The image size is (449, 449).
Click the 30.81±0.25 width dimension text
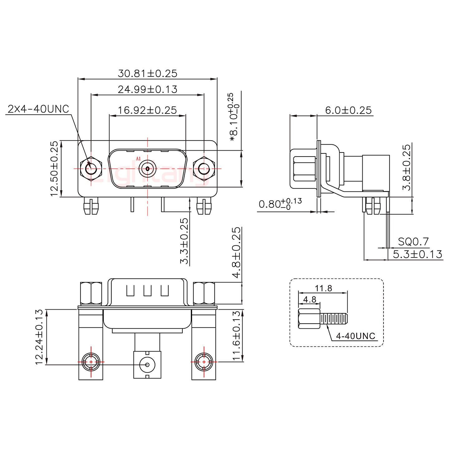147,74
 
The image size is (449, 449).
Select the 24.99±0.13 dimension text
147,89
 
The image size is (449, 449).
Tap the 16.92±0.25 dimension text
147,110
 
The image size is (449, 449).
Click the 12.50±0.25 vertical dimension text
54,169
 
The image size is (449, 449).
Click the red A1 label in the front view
138,159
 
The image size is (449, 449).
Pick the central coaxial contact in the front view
147,169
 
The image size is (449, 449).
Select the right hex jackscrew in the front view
204,169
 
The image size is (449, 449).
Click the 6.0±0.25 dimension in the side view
348,110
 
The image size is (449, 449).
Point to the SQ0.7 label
413,242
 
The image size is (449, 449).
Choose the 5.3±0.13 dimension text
417,254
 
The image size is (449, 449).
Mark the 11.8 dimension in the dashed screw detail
324,288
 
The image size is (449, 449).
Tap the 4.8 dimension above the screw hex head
310,300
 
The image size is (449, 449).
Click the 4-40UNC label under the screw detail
355,336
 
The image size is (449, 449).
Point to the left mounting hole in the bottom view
91,362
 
